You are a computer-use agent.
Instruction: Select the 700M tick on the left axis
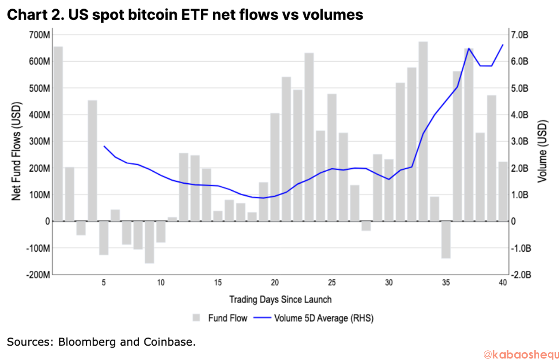pos(39,35)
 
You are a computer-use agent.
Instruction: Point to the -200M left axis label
pos(38,275)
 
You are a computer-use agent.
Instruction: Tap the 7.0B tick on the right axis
pos(520,35)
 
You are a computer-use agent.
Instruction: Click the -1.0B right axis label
pos(521,248)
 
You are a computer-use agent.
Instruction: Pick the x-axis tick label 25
pos(332,283)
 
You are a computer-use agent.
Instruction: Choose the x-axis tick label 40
pos(503,283)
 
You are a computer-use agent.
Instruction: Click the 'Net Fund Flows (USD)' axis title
pos(16,151)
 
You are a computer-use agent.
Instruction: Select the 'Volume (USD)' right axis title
pos(542,151)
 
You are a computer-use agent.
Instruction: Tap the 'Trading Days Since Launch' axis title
pos(280,299)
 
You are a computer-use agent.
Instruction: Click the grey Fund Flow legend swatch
pos(196,318)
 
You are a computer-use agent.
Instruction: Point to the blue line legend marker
pos(262,318)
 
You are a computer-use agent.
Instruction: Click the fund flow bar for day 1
pos(58,134)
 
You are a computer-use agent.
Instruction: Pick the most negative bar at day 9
pos(149,242)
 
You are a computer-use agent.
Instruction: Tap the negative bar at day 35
pos(446,240)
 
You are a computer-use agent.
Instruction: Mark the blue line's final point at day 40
pos(503,45)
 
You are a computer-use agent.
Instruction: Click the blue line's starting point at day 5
pos(104,146)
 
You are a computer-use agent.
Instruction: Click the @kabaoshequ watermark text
pos(520,354)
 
